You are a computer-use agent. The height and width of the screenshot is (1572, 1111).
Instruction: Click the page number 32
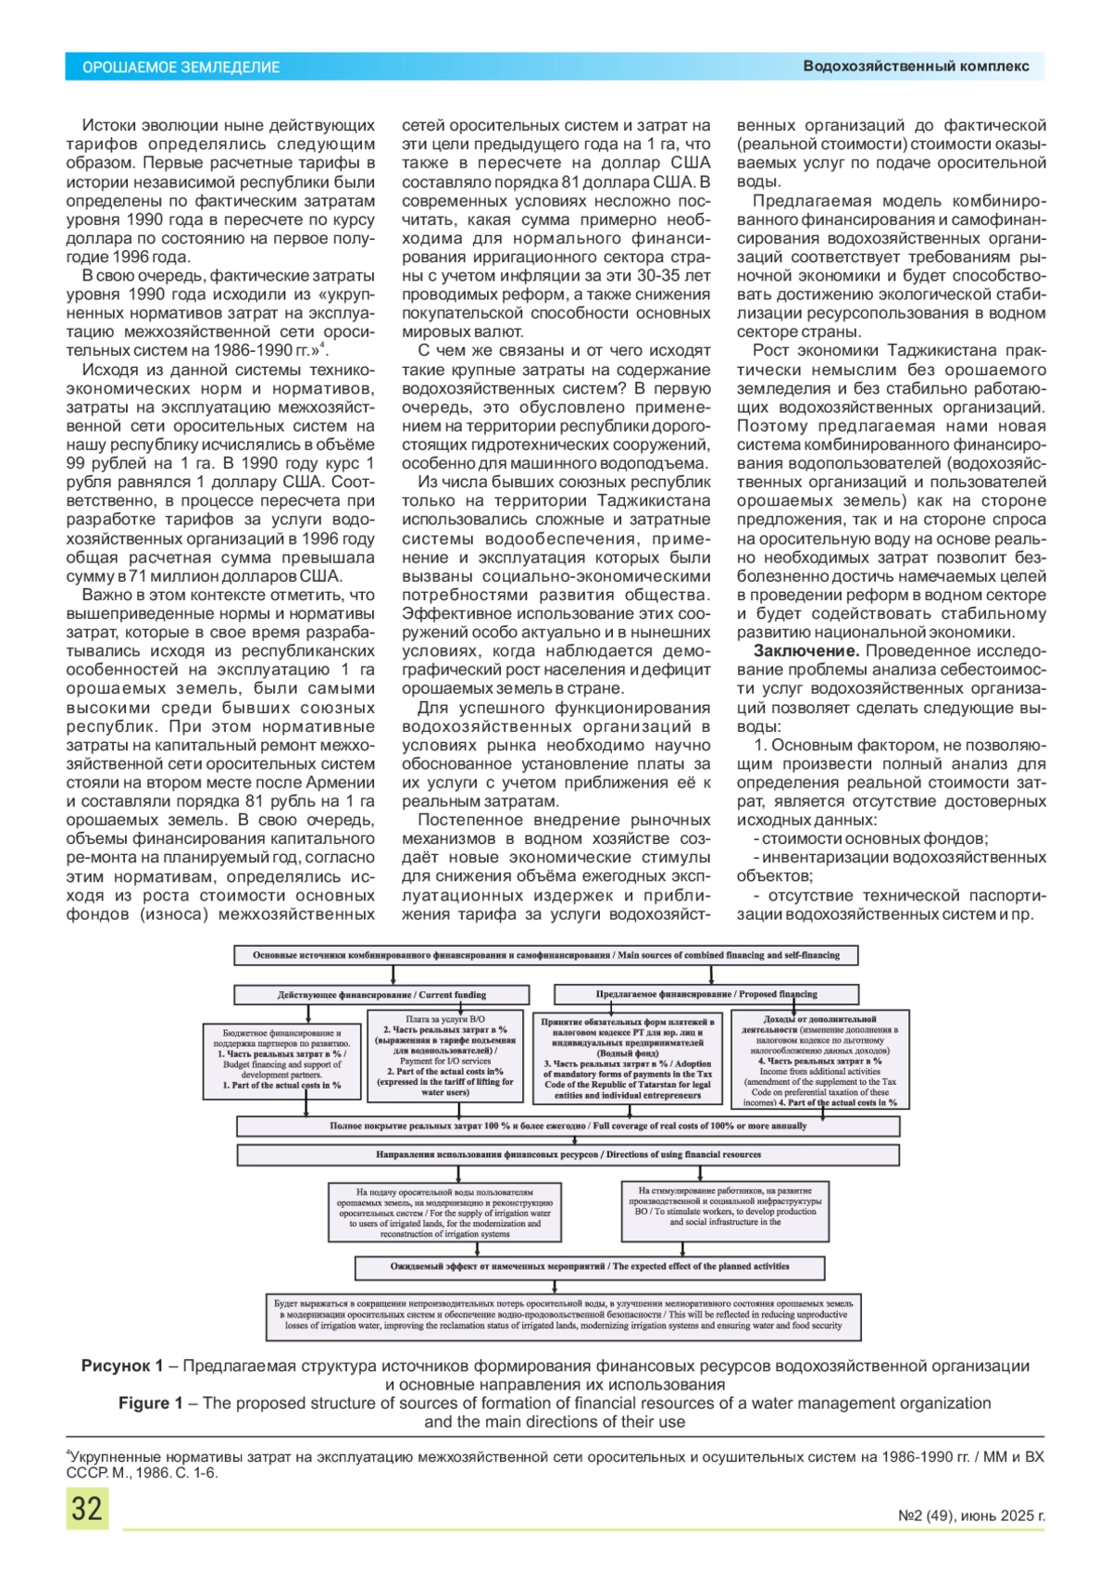[87, 1508]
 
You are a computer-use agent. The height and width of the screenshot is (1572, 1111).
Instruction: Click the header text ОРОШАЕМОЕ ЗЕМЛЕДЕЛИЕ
[181, 68]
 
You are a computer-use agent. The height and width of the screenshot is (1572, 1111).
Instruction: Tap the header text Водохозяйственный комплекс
[916, 67]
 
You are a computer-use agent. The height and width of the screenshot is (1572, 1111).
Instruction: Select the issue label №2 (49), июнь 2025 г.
[971, 1516]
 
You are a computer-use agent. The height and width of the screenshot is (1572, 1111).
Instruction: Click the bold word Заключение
[805, 651]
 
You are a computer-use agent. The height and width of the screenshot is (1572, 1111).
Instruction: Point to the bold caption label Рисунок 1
[122, 1365]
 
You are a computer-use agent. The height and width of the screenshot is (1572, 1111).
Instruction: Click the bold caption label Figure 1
[150, 1402]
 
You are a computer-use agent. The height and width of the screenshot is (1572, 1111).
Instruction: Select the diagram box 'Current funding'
[381, 995]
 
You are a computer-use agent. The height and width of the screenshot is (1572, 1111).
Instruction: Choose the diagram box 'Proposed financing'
[706, 995]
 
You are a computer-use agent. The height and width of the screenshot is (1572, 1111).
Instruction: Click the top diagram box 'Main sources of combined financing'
[546, 955]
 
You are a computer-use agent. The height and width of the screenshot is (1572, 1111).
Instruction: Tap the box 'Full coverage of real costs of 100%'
[568, 1126]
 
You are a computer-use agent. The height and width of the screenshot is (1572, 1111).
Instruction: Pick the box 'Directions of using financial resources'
[568, 1155]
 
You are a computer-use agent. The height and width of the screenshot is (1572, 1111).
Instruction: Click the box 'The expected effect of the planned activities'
[590, 1266]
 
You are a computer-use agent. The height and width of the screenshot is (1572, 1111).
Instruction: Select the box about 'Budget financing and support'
[281, 1061]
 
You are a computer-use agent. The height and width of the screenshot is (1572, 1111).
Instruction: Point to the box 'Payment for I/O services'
[445, 1056]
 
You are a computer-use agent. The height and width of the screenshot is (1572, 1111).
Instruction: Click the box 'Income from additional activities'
[819, 1060]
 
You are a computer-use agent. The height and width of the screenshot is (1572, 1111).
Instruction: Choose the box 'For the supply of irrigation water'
[444, 1212]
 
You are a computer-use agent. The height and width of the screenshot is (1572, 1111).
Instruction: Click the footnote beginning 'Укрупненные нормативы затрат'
[554, 1464]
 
